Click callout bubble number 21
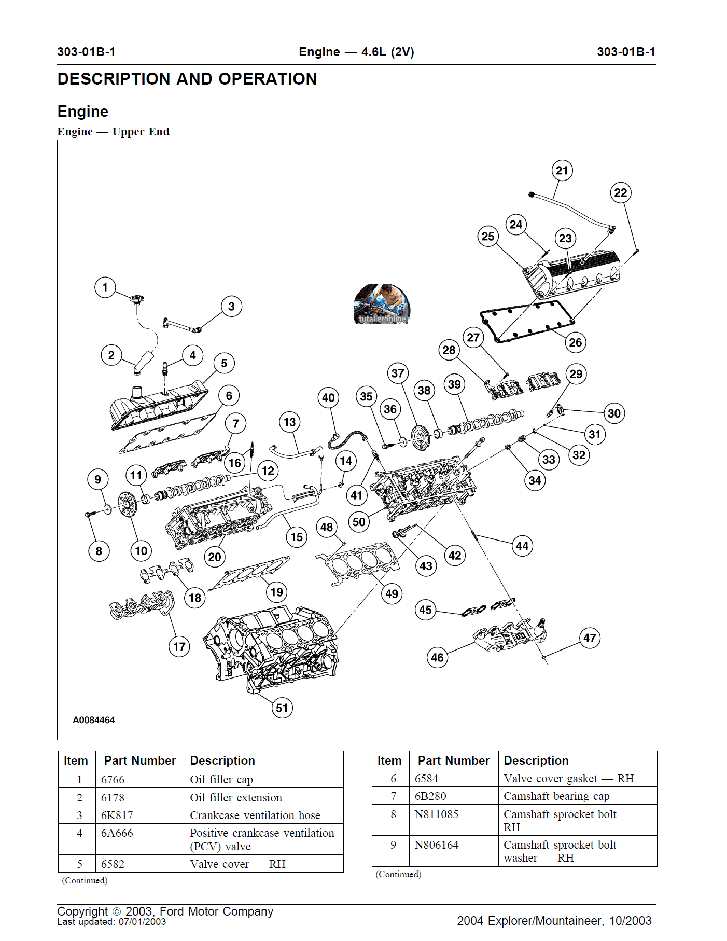pos(562,171)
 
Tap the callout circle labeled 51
pos(282,708)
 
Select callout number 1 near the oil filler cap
pos(105,287)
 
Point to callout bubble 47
pos(590,638)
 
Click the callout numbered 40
pos(328,398)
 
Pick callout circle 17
pos(179,647)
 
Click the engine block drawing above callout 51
pos(272,648)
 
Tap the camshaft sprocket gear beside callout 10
pos(127,504)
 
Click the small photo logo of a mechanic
pos(382,304)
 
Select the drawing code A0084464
pos(94,720)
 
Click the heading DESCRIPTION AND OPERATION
pos(187,79)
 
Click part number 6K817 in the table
pos(117,815)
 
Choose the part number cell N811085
pos(437,814)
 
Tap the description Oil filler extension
pos(236,797)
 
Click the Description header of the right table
pos(536,760)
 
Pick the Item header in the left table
pos(76,760)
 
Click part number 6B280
pos(430,796)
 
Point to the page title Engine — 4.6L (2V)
pos(356,52)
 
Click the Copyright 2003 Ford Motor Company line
pos(165,911)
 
